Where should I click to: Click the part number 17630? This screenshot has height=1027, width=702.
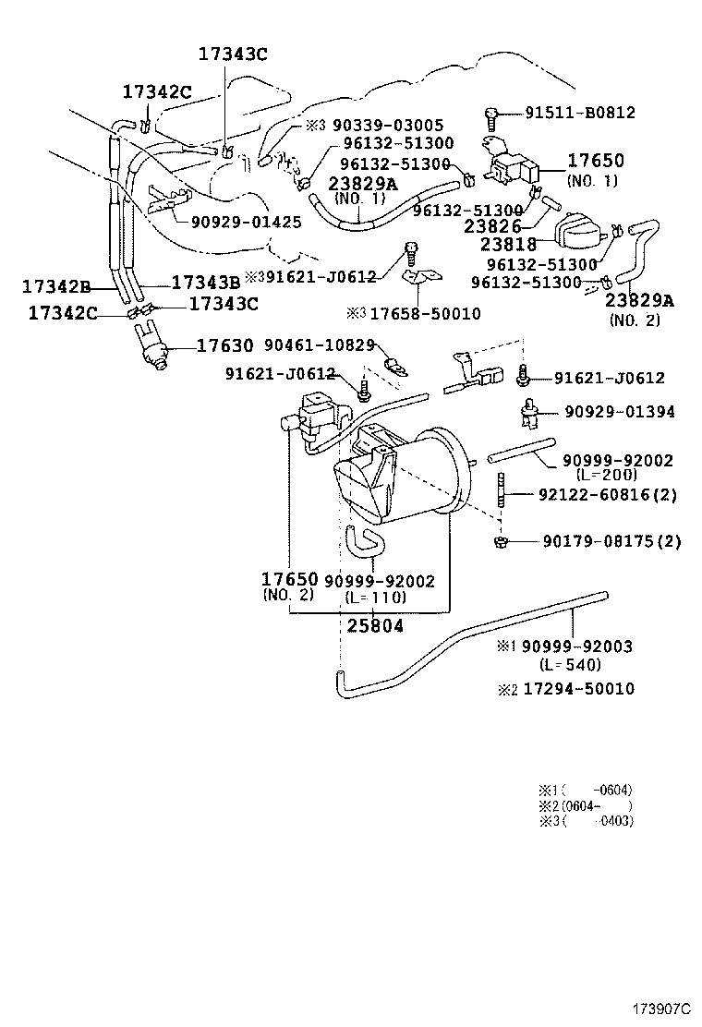pos(224,346)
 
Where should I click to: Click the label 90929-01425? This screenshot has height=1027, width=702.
pos(246,223)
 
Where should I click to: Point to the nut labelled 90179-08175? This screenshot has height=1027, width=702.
pos(499,540)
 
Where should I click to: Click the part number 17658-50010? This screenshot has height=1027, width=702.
pos(425,314)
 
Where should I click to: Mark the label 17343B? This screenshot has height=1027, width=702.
pos(205,282)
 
